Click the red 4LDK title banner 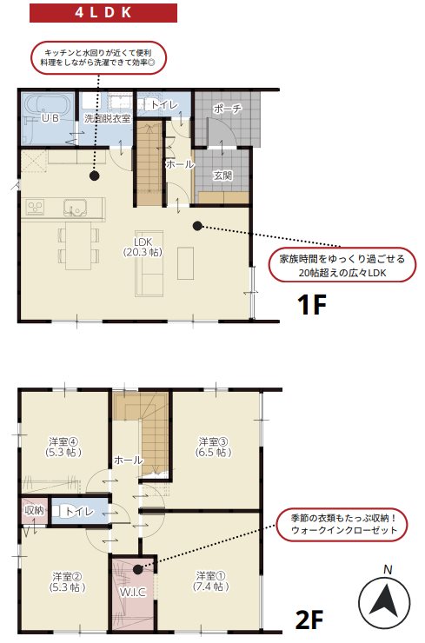[103, 13]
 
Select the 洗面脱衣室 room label [107, 117]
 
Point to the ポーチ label [225, 109]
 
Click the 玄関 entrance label [222, 175]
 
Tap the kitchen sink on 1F [74, 208]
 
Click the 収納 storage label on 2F [34, 510]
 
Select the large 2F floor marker [309, 620]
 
